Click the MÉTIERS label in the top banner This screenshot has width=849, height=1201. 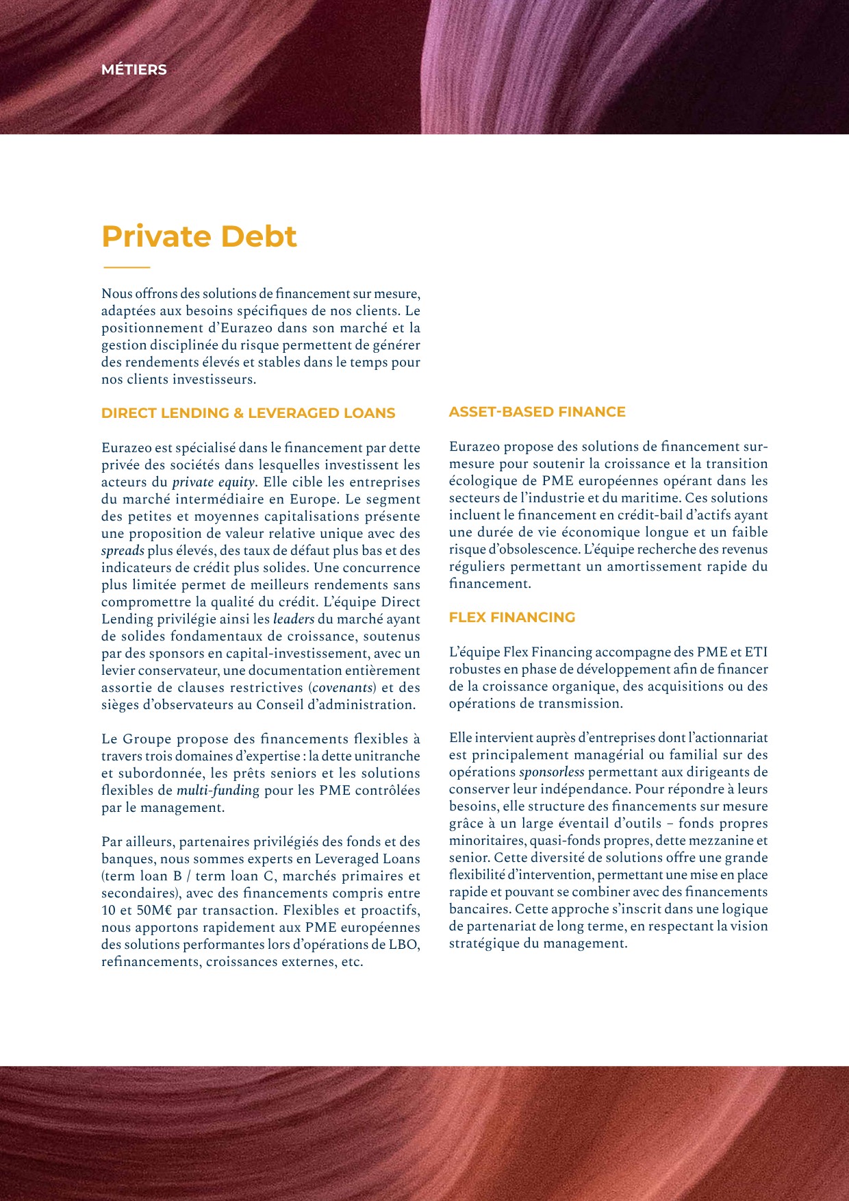pos(134,70)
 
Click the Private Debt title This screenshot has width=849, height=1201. pos(199,236)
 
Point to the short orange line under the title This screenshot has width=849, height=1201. pos(126,267)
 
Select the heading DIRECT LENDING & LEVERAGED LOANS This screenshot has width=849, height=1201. pos(249,413)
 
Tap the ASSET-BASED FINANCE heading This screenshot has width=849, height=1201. pos(537,412)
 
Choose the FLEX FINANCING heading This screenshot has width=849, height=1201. pos(512,617)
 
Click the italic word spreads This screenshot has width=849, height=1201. pos(123,551)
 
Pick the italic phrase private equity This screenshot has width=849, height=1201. pos(213,482)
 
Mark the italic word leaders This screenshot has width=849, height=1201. pos(293,619)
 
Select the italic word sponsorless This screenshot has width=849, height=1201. pos(552,772)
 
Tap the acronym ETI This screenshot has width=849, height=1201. pos(756,652)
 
